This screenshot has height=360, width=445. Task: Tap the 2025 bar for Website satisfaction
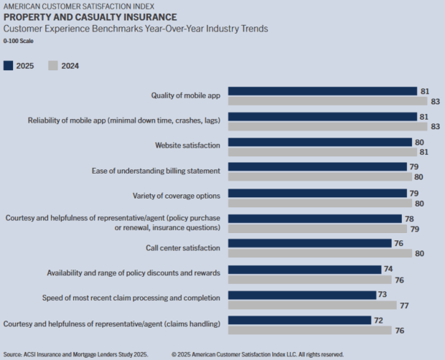point(319,142)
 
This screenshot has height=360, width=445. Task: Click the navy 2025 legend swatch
point(9,65)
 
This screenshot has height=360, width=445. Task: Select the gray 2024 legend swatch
point(52,65)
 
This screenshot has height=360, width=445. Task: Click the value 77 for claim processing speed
point(405,305)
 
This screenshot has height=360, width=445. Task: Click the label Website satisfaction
point(187,146)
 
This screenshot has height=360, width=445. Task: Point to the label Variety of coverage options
point(177,195)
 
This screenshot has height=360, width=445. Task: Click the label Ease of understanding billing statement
point(156,171)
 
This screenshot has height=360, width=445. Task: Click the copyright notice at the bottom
point(258,354)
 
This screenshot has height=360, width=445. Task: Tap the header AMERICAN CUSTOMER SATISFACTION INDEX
point(78,6)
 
